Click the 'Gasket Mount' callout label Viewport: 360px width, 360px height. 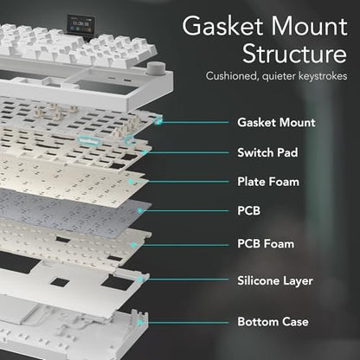(276, 123)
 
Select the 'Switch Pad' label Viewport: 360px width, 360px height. (267, 152)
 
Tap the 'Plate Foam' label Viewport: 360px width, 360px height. (268, 182)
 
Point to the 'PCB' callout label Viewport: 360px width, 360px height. (248, 210)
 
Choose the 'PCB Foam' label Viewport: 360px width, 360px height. (266, 244)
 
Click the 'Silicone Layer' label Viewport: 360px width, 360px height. (275, 280)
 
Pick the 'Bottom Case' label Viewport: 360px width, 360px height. (273, 322)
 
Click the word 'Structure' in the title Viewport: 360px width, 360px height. (294, 54)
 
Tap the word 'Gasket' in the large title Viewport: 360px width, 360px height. (222, 26)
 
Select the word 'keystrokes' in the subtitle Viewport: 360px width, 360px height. (323, 76)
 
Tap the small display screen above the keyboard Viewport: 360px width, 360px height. (81, 25)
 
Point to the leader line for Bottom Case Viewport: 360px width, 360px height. (185, 322)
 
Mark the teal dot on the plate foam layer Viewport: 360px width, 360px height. (131, 182)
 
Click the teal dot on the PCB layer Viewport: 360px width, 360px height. (140, 211)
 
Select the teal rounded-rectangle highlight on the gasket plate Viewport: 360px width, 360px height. (88, 140)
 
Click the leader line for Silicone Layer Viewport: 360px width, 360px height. (185, 280)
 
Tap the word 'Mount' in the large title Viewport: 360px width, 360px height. (309, 26)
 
